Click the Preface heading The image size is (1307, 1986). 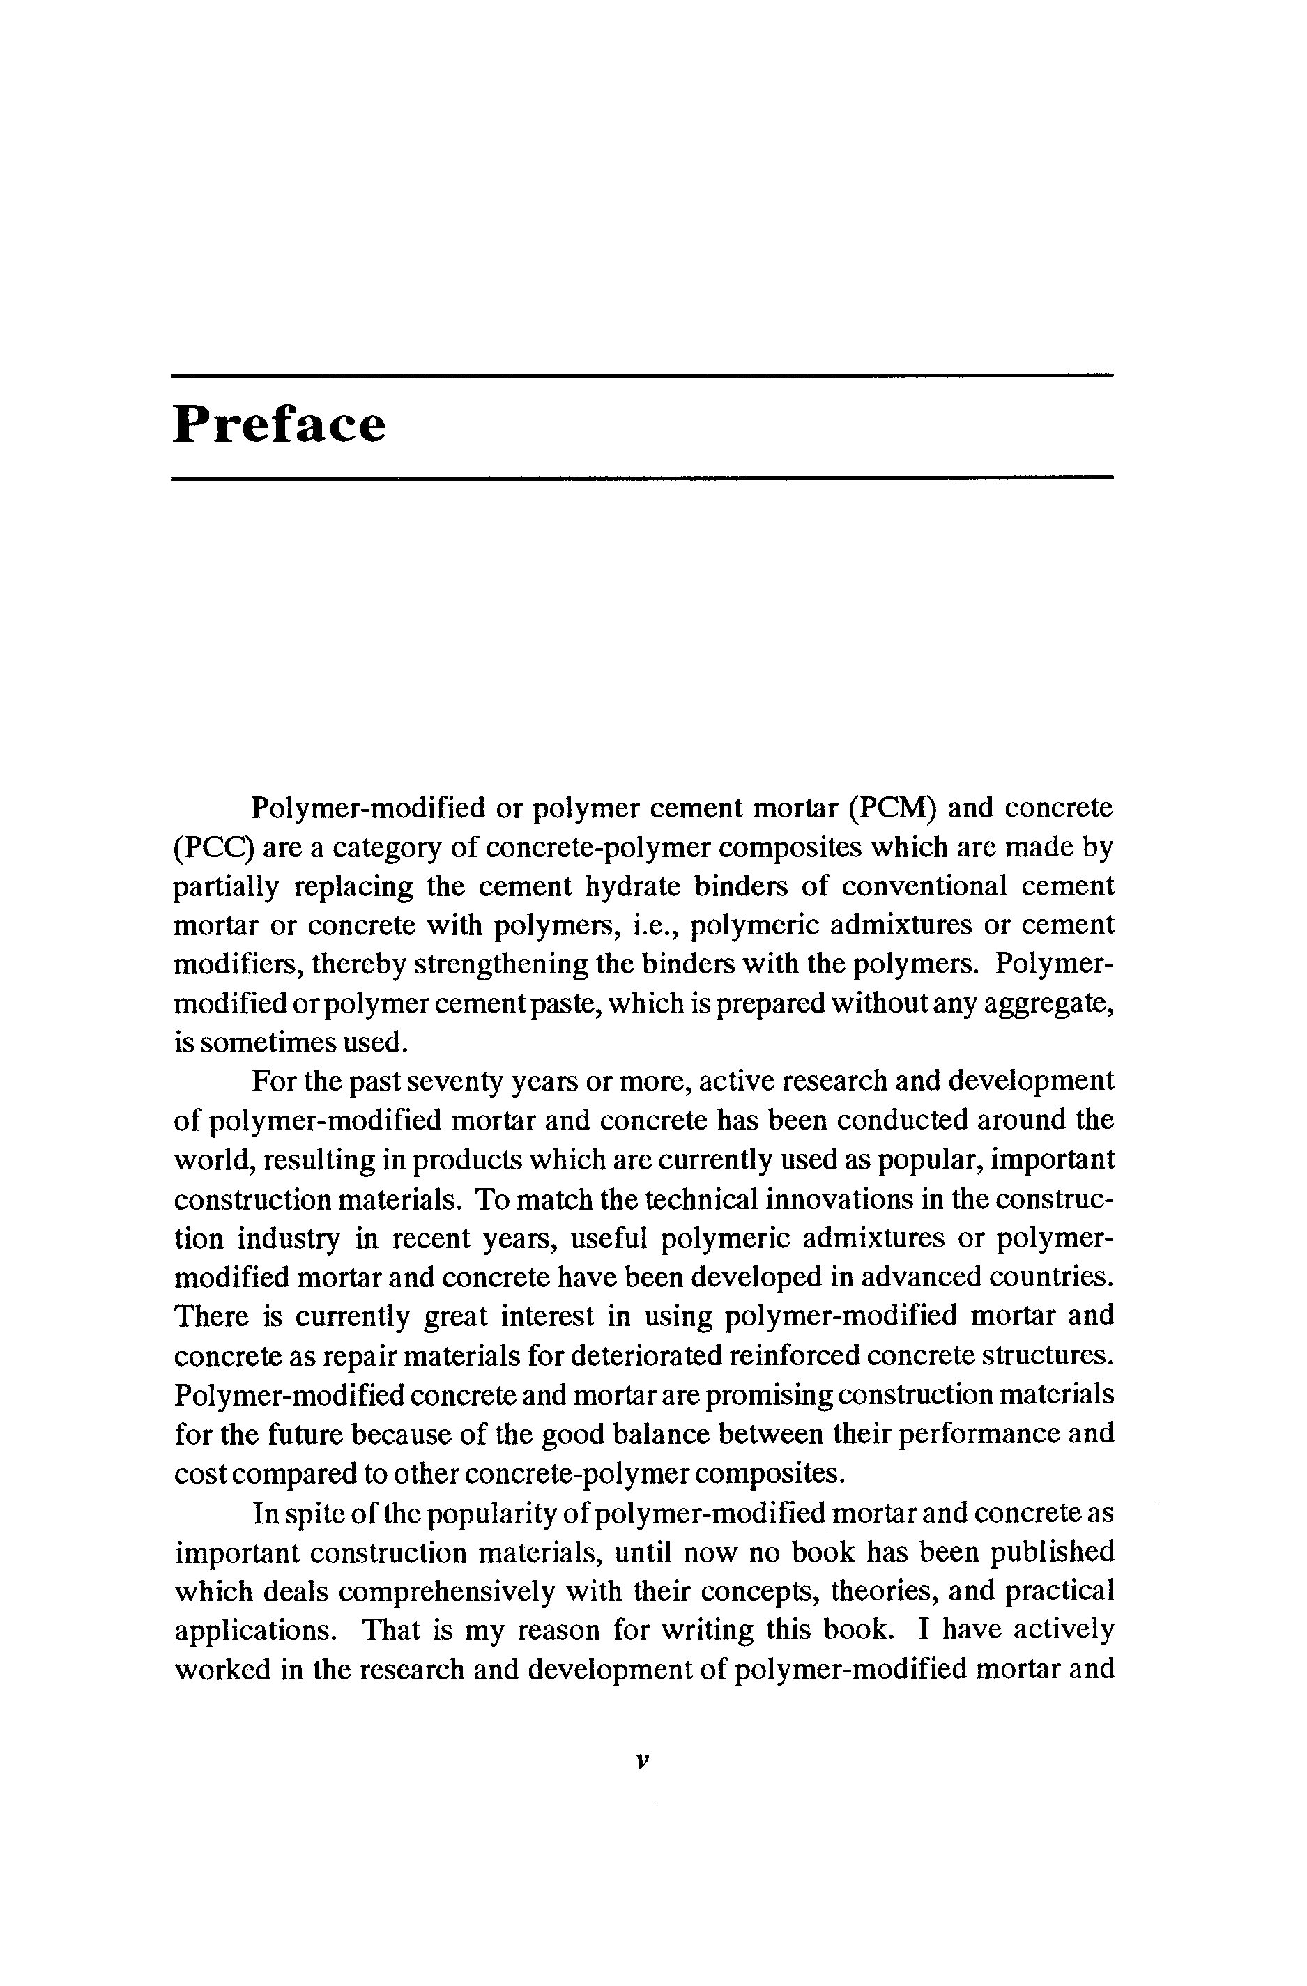click(279, 425)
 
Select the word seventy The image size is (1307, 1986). click(450, 1081)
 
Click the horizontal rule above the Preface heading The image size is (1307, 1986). click(643, 376)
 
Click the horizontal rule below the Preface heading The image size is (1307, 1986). click(643, 478)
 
